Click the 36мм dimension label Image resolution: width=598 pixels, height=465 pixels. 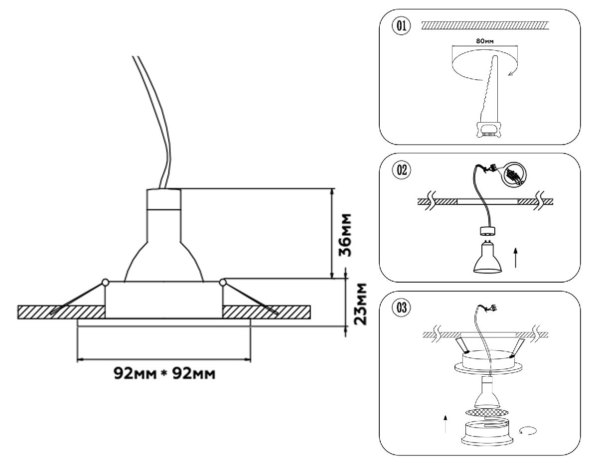[347, 235]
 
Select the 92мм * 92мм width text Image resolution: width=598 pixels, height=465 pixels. [165, 373]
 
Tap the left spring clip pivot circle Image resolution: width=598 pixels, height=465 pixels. [105, 283]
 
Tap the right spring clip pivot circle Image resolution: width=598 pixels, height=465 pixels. [222, 283]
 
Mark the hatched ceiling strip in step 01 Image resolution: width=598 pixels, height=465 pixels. [484, 24]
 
